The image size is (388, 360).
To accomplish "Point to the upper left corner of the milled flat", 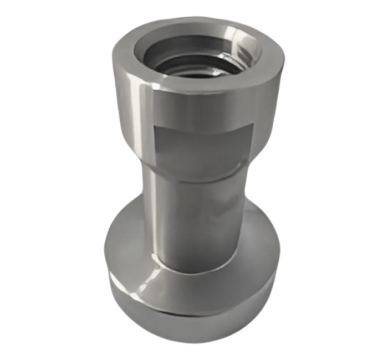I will point(154,125).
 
